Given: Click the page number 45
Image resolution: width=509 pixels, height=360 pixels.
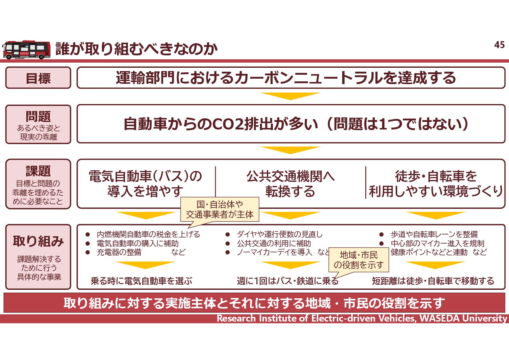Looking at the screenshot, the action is coord(499,45).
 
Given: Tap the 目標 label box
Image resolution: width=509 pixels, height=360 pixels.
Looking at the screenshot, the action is coord(38,78).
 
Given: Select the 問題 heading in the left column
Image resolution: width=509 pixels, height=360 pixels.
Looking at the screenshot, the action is coord(38,116).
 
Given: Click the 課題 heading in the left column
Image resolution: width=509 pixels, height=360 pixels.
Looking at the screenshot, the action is coord(38,171).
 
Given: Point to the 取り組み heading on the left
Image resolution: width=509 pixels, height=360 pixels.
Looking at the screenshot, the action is coord(38,241).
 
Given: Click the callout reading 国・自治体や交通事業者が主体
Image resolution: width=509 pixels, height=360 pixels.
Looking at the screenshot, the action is coord(220,209).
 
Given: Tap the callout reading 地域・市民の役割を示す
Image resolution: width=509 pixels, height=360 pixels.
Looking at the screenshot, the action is coord(358,260).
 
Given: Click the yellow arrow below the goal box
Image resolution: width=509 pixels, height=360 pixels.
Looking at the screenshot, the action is coord(290,96).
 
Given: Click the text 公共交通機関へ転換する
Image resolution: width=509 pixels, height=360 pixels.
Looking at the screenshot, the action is coord(290,184).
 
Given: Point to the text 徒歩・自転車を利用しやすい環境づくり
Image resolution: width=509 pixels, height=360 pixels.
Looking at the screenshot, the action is coord(436,184).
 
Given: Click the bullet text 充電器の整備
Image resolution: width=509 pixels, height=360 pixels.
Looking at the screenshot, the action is coord(119,252).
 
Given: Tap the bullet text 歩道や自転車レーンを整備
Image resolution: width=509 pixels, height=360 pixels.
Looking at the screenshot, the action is coord(434,234).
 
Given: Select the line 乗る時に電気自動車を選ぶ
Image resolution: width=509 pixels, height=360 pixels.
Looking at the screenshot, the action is coord(141,281).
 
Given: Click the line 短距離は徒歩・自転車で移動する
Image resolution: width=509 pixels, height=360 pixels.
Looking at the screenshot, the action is coord(433,281).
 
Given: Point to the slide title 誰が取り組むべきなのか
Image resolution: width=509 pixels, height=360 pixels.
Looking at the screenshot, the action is coord(136,49).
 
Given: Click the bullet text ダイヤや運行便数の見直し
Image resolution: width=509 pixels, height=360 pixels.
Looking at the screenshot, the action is coord(280,234).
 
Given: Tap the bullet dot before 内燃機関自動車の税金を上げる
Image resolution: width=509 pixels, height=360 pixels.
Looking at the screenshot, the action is coord(88,234).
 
